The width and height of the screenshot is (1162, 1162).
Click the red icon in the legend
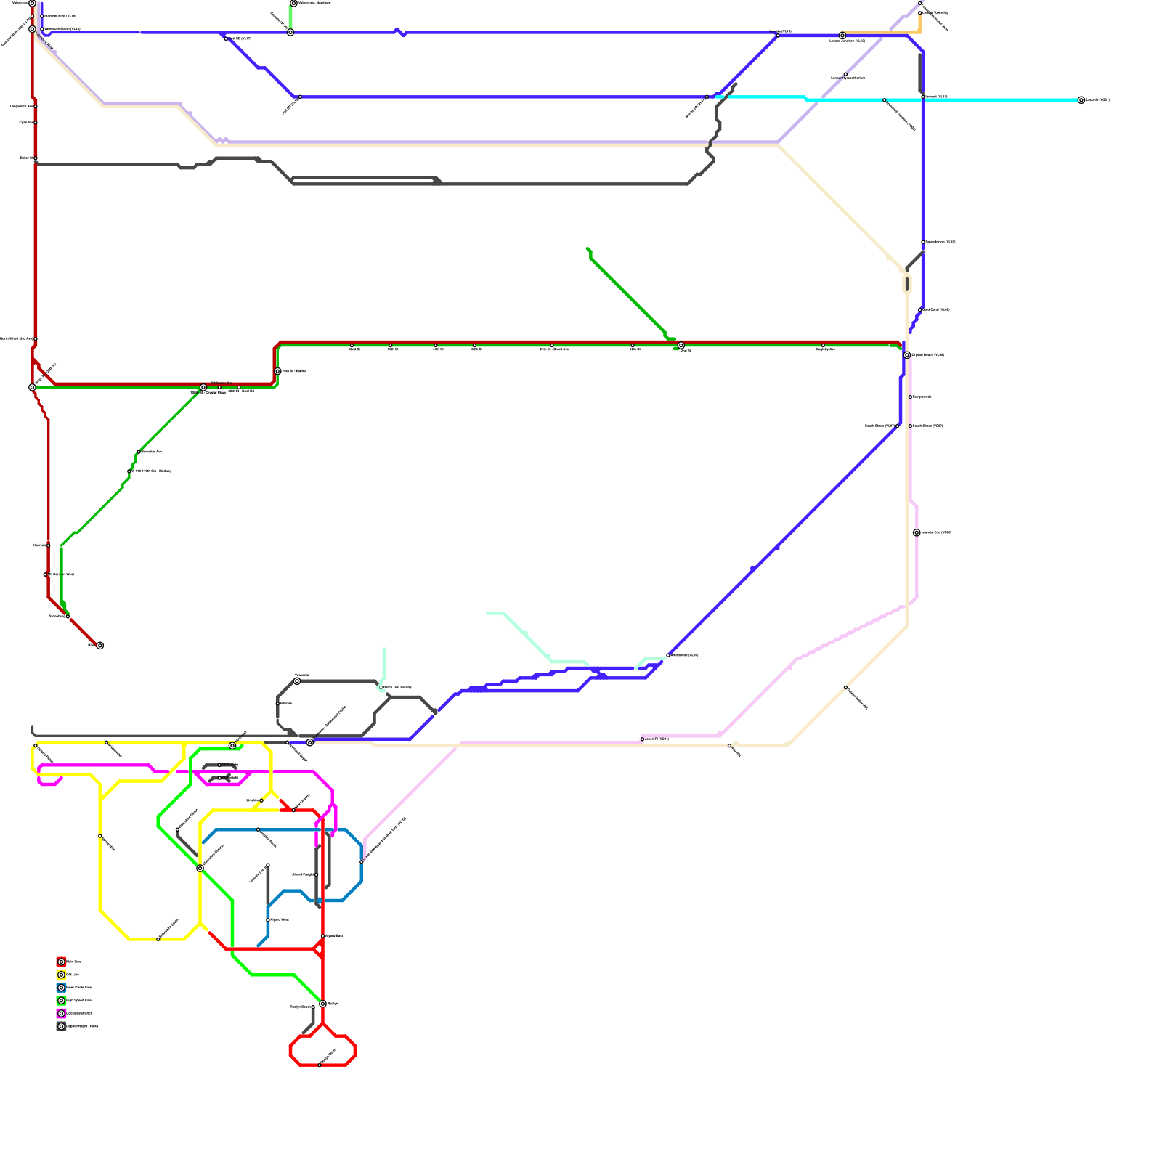[61, 962]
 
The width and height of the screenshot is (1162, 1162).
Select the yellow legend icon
[61, 975]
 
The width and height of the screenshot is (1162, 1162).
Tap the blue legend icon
[61, 988]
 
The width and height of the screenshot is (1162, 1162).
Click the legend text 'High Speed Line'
[79, 1001]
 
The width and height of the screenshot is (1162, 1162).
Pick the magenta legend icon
[61, 1013]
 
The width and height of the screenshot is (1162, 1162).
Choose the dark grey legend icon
[61, 1026]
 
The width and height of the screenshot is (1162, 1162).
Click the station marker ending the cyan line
[1081, 100]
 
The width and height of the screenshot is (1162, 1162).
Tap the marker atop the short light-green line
[293, 4]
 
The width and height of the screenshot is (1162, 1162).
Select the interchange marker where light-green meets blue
[290, 32]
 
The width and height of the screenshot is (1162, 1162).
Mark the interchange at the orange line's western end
[842, 36]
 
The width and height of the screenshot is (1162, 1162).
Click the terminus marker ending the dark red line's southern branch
[100, 646]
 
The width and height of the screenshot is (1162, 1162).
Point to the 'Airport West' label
[280, 919]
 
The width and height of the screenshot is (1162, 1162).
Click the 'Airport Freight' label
[304, 874]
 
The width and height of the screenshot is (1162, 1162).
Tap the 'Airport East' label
[334, 935]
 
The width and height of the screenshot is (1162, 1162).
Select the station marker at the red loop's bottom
[320, 1065]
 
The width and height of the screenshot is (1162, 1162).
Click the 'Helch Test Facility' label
[397, 687]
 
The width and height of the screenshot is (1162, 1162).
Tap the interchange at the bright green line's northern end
[232, 746]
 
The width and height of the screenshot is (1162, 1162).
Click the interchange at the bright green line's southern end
[322, 1004]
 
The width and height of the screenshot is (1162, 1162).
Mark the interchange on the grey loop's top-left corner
[297, 681]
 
